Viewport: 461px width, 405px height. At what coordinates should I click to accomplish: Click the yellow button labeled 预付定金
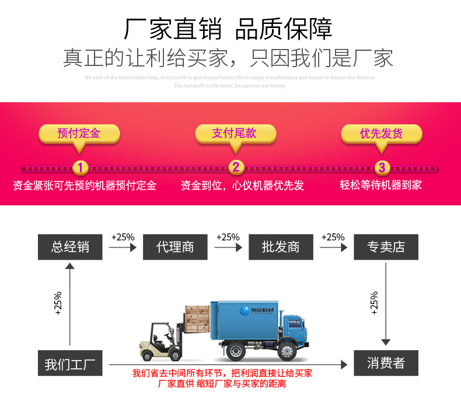(x=79, y=134)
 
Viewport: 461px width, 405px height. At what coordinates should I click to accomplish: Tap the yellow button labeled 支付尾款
(x=234, y=134)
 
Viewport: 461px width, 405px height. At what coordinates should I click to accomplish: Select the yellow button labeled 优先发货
(x=381, y=134)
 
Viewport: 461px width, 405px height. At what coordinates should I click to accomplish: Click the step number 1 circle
(x=81, y=168)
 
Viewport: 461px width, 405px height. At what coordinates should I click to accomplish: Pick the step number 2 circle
(x=235, y=168)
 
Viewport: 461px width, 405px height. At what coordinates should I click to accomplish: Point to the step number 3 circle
(x=382, y=168)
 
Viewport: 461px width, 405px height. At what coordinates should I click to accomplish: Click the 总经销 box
(x=70, y=247)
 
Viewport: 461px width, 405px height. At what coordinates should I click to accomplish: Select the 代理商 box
(x=175, y=247)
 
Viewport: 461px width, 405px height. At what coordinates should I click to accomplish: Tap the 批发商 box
(x=281, y=247)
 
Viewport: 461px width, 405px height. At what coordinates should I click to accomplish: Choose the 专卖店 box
(x=386, y=247)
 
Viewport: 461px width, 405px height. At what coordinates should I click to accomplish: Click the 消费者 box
(x=386, y=364)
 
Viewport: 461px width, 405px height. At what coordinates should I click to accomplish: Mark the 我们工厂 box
(x=70, y=364)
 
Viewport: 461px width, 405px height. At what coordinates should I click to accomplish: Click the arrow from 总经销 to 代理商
(x=123, y=247)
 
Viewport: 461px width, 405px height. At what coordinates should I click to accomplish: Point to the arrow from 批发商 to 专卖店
(x=333, y=247)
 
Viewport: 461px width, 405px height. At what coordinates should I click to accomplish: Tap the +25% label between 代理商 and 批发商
(x=228, y=237)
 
